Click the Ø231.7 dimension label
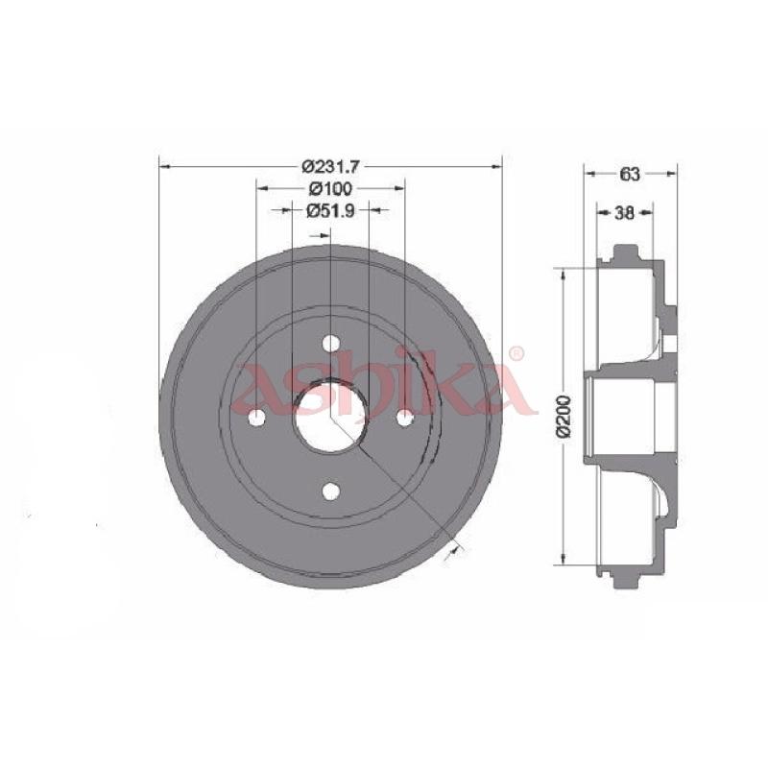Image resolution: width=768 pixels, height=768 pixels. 330,167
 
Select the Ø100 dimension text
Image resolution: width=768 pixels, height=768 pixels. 331,187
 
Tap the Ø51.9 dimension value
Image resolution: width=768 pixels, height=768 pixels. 330,210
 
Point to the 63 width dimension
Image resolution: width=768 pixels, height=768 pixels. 630,174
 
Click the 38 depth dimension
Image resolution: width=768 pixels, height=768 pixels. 624,212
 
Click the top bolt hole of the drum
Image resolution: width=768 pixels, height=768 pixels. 331,343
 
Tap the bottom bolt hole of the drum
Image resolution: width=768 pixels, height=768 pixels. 331,491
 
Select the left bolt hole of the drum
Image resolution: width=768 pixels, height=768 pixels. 257,418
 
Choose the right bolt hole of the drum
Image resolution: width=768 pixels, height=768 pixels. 404,418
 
